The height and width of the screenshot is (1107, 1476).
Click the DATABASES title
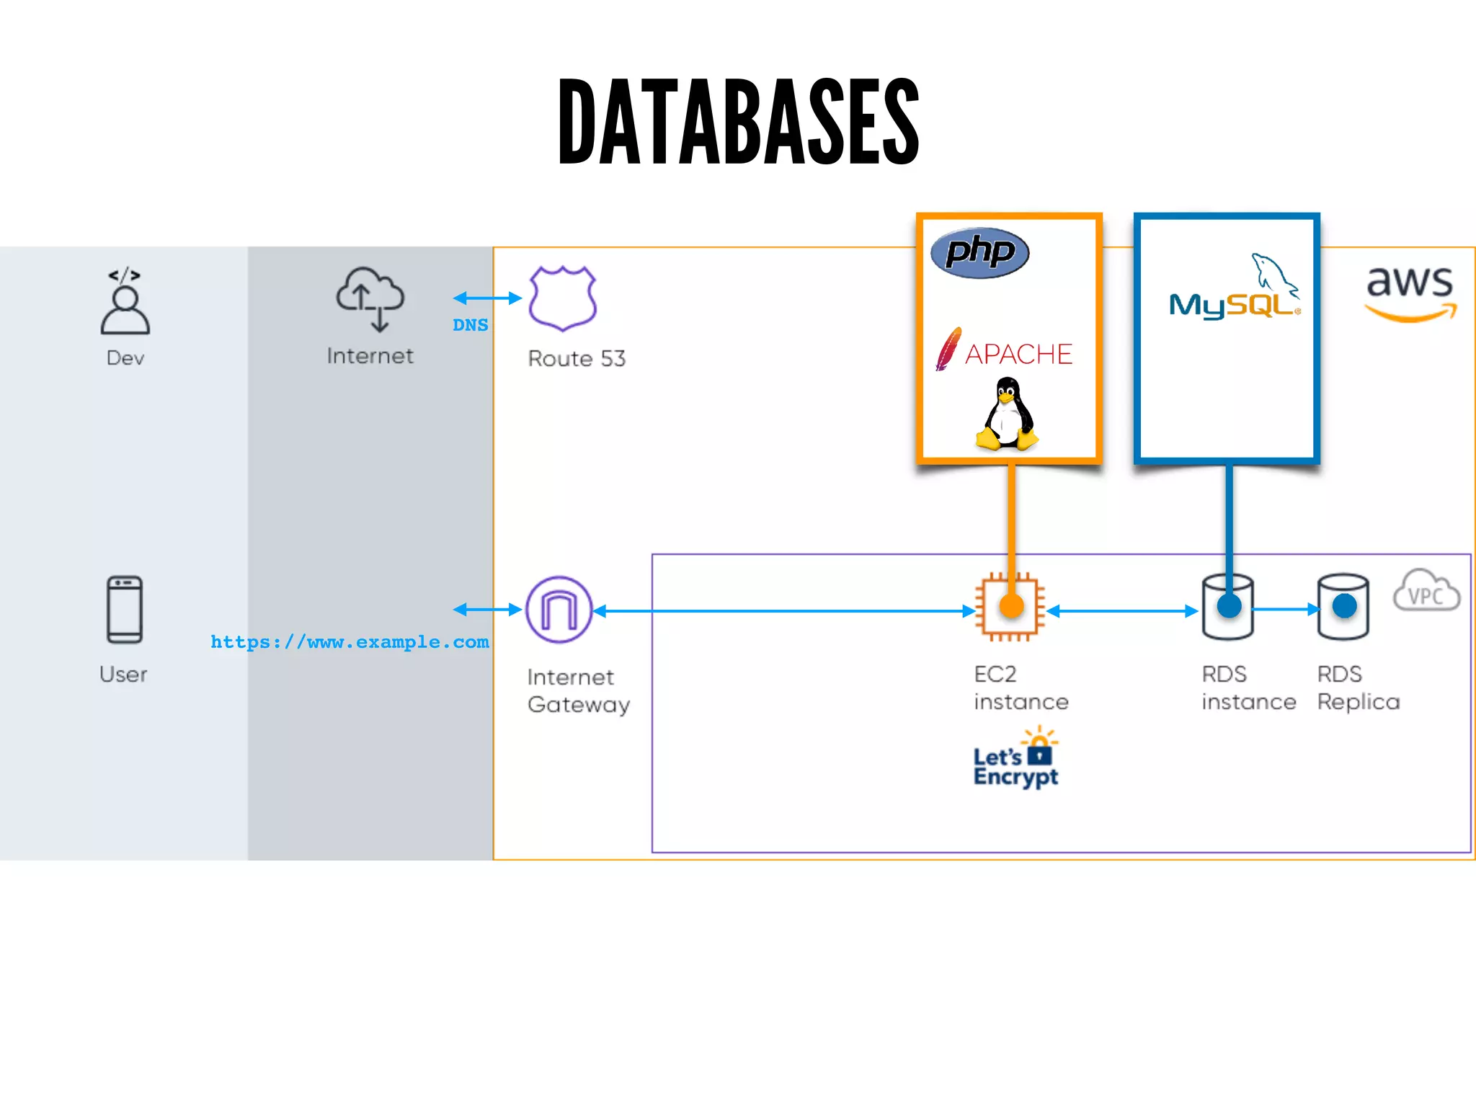click(x=738, y=121)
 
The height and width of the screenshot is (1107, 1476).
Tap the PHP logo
click(x=979, y=252)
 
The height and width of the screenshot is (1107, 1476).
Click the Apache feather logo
click(x=948, y=349)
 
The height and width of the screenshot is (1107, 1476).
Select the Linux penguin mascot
click(x=1007, y=415)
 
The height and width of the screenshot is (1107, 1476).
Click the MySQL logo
click(x=1234, y=288)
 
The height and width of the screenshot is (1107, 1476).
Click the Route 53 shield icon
click(x=562, y=298)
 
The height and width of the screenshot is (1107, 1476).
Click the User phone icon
click(x=124, y=610)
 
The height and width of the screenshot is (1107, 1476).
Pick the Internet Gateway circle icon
click(x=559, y=610)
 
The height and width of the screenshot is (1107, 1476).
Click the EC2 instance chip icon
click(x=1010, y=607)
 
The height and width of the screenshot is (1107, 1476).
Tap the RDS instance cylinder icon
click(x=1227, y=607)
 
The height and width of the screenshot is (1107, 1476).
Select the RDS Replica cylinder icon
click(x=1343, y=607)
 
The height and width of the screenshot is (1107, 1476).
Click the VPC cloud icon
click(x=1426, y=591)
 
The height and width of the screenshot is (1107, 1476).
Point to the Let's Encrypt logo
click(x=1015, y=760)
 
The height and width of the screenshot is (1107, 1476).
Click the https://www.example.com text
click(x=350, y=642)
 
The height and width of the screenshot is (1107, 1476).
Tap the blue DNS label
click(x=470, y=325)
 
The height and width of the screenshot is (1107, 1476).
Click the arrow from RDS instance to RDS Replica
click(x=1286, y=609)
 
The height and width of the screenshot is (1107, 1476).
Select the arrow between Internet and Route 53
click(x=487, y=298)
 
